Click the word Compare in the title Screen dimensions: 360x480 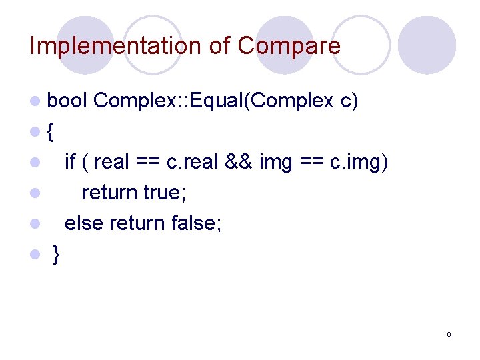coord(289,46)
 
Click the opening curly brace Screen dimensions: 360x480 coord(52,132)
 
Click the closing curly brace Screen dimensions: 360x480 coord(57,255)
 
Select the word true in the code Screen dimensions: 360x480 coord(165,193)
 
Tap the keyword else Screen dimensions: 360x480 coord(85,223)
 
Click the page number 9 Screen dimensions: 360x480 coord(449,334)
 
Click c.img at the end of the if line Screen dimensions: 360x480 coord(359,162)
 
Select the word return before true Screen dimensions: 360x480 coord(110,193)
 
